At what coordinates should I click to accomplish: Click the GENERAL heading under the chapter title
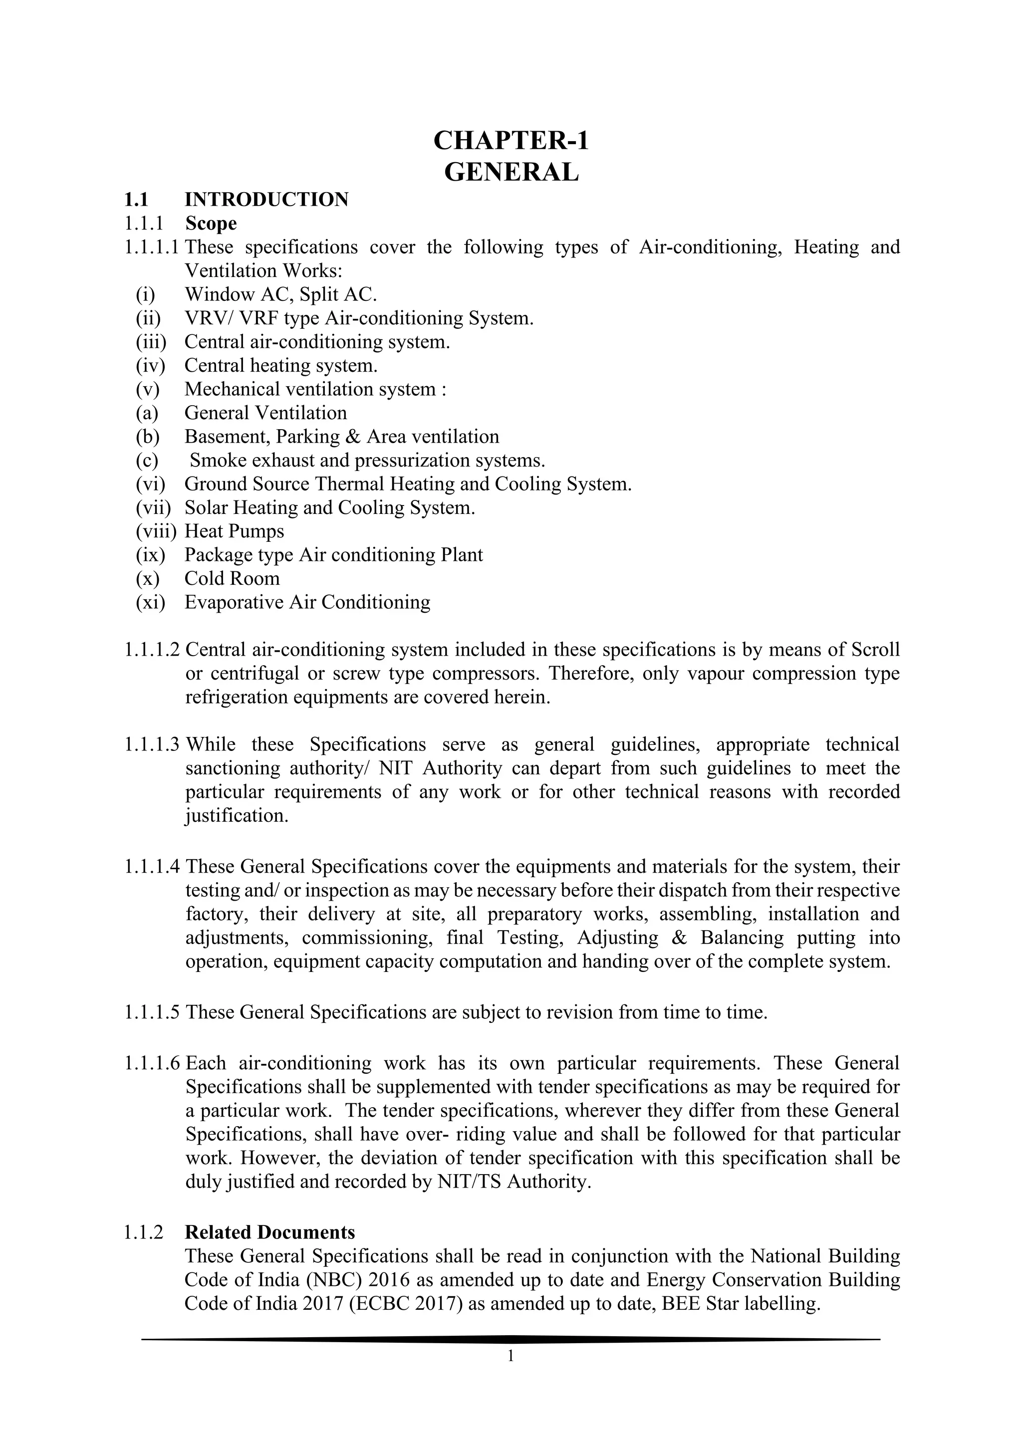pyautogui.click(x=511, y=172)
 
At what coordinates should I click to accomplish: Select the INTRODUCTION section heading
pyautogui.click(x=266, y=200)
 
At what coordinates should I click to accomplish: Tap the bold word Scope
pyautogui.click(x=211, y=224)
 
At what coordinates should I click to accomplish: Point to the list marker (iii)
pyautogui.click(x=150, y=342)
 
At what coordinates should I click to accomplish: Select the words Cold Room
pyautogui.click(x=232, y=578)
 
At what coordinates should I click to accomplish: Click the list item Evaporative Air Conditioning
pyautogui.click(x=307, y=602)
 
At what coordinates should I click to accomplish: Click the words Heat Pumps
pyautogui.click(x=234, y=531)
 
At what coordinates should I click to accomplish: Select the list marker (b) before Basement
pyautogui.click(x=148, y=437)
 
